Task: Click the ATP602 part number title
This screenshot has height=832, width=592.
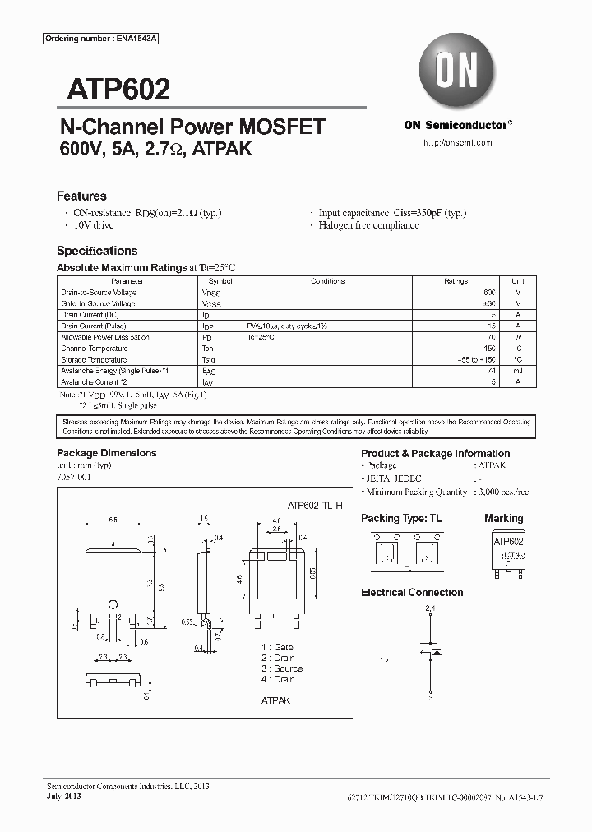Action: tap(113, 88)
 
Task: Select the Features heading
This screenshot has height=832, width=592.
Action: tap(81, 196)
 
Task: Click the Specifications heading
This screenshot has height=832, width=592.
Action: tap(97, 251)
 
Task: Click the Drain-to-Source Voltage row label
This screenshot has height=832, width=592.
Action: tap(99, 293)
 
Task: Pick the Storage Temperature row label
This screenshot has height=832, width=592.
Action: tap(94, 359)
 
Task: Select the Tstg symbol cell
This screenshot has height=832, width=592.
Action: tap(209, 359)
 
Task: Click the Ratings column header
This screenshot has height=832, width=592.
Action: tap(456, 281)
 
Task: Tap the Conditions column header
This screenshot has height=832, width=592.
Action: tap(327, 281)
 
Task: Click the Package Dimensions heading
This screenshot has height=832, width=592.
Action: tap(106, 453)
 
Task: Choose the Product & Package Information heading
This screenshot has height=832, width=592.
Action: tap(435, 453)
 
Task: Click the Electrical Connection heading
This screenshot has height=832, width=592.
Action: tap(412, 592)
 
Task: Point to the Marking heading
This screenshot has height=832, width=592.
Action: tap(503, 518)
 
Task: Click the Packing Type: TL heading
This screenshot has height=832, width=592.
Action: tap(401, 518)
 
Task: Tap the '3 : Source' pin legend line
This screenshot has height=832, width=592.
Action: tap(282, 668)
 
